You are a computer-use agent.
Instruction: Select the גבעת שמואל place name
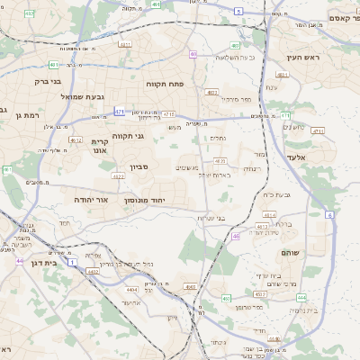(84, 96)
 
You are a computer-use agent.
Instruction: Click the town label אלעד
(296, 157)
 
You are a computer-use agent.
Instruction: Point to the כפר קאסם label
(337, 18)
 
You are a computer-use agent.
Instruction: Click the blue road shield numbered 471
(120, 112)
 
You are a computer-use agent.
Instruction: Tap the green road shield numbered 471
(286, 115)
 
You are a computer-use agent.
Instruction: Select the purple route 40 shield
(193, 54)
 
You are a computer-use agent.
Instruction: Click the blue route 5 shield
(238, 11)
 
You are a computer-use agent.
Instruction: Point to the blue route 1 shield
(72, 261)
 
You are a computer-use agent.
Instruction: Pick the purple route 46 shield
(236, 236)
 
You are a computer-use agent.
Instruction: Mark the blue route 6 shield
(329, 216)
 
